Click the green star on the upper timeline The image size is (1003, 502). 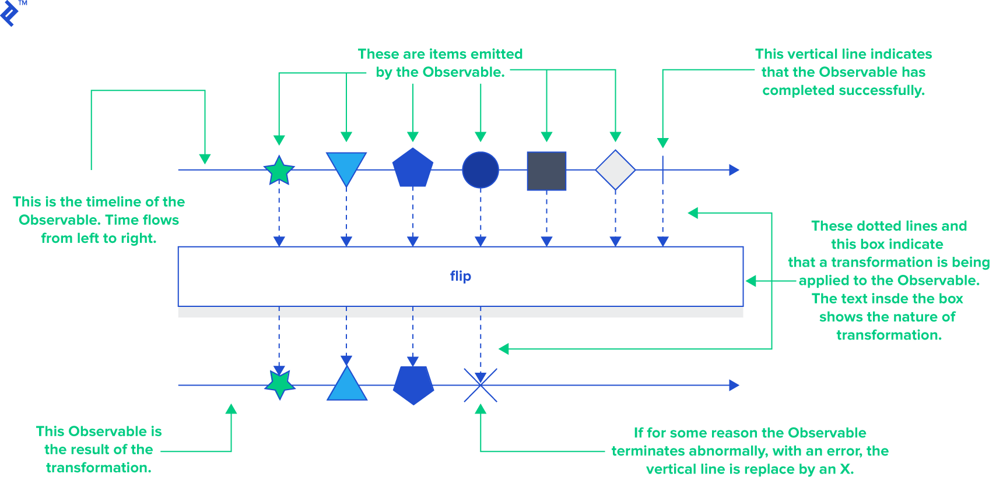(x=279, y=171)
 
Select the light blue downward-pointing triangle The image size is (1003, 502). (x=346, y=165)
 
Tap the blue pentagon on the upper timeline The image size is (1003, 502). (x=413, y=169)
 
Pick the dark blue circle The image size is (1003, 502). (x=481, y=170)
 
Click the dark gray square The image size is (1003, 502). (x=546, y=171)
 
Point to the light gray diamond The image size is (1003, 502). (x=615, y=170)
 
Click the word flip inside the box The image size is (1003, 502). (x=460, y=276)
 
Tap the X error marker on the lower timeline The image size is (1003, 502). (x=481, y=385)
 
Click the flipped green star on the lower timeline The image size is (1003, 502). (x=280, y=384)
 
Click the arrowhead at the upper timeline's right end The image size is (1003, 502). (x=734, y=170)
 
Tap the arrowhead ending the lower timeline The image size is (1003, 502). (x=734, y=385)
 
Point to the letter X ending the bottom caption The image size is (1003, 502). (x=846, y=469)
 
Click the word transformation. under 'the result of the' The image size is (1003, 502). (x=99, y=468)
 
